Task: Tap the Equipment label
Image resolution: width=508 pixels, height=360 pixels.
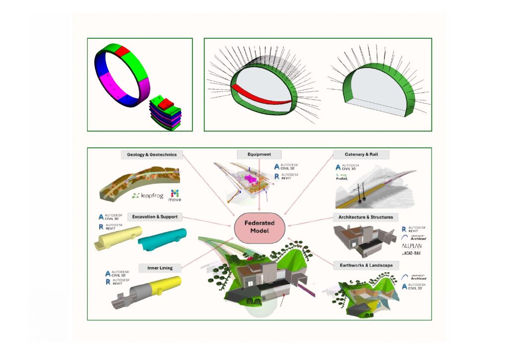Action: (x=259, y=154)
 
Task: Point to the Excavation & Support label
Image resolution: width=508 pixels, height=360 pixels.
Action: (x=155, y=217)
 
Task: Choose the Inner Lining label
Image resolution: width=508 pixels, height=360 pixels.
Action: (x=160, y=268)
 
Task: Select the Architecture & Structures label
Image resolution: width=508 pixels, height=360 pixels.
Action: (x=365, y=217)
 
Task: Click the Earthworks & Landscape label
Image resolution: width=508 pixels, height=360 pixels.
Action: (x=366, y=265)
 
